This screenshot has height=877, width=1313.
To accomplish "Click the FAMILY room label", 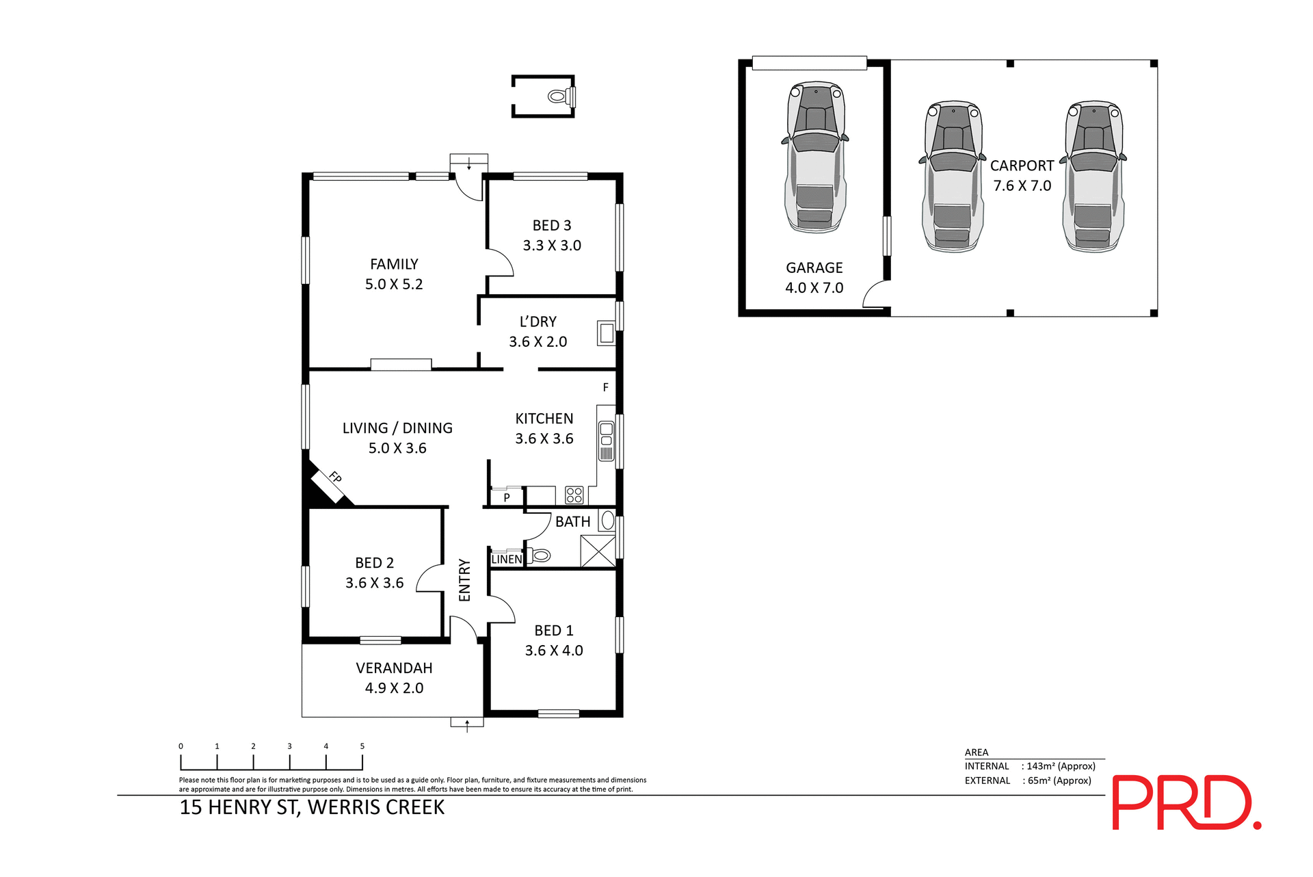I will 394,264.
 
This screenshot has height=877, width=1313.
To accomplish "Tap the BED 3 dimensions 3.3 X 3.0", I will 552,246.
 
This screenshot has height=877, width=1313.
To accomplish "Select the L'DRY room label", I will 538,322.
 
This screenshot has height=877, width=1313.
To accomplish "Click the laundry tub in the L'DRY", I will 606,333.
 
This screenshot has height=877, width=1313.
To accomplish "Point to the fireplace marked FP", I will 330,482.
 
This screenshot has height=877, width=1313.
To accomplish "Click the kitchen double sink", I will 606,441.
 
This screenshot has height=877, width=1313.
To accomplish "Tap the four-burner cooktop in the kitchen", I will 574,495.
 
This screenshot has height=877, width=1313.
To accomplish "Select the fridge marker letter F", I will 605,387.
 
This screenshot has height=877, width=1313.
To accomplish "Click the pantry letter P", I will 507,497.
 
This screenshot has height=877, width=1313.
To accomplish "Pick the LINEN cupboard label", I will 507,559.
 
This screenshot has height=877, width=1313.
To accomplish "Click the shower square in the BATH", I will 598,551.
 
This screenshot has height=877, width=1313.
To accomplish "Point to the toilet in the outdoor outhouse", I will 560,96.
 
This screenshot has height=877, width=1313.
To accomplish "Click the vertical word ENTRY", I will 465,580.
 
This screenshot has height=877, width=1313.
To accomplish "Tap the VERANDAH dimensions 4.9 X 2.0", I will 394,688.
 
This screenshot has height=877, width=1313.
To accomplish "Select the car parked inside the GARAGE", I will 814,157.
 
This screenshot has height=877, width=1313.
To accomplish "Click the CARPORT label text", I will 1022,166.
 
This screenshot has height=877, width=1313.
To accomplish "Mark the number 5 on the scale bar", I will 362,746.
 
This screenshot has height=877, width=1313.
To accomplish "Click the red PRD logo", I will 1186,802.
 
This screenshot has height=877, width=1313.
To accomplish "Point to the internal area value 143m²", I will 1061,766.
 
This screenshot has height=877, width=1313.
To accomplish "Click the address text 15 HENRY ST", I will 239,807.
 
